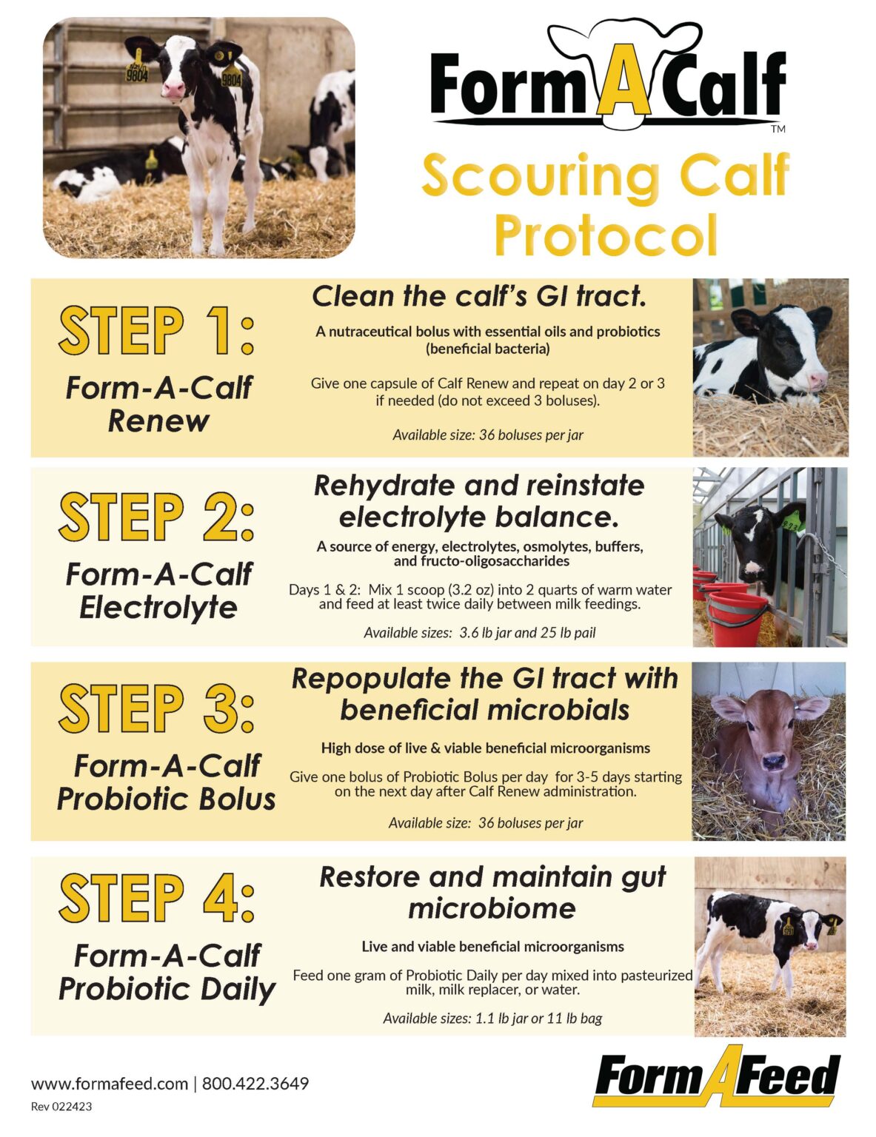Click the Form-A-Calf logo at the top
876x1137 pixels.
pyautogui.click(x=607, y=81)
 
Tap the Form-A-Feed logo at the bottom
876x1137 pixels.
pyautogui.click(x=717, y=1077)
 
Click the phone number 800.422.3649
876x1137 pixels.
pyautogui.click(x=255, y=1084)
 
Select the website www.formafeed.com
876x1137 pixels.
pyautogui.click(x=110, y=1084)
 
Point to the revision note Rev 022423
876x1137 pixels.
pyautogui.click(x=61, y=1107)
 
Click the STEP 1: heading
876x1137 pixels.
pyautogui.click(x=157, y=330)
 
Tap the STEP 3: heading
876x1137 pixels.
pyautogui.click(x=157, y=708)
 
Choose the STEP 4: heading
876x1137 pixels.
pyautogui.click(x=157, y=899)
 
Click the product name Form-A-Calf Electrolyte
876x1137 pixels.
pyautogui.click(x=158, y=591)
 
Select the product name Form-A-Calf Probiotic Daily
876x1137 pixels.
pyautogui.click(x=167, y=973)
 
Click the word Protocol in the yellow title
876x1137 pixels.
pyautogui.click(x=606, y=235)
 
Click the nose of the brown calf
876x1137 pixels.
pyautogui.click(x=773, y=760)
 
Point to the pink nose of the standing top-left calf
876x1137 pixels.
pyautogui.click(x=173, y=90)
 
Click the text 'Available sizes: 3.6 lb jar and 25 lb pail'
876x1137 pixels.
pyautogui.click(x=479, y=633)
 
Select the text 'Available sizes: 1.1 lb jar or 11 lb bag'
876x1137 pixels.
pyautogui.click(x=492, y=1019)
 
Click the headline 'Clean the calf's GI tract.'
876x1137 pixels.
pyautogui.click(x=479, y=297)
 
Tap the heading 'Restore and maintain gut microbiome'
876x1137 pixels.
pyautogui.click(x=492, y=892)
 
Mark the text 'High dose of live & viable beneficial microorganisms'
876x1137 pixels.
pyautogui.click(x=485, y=748)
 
